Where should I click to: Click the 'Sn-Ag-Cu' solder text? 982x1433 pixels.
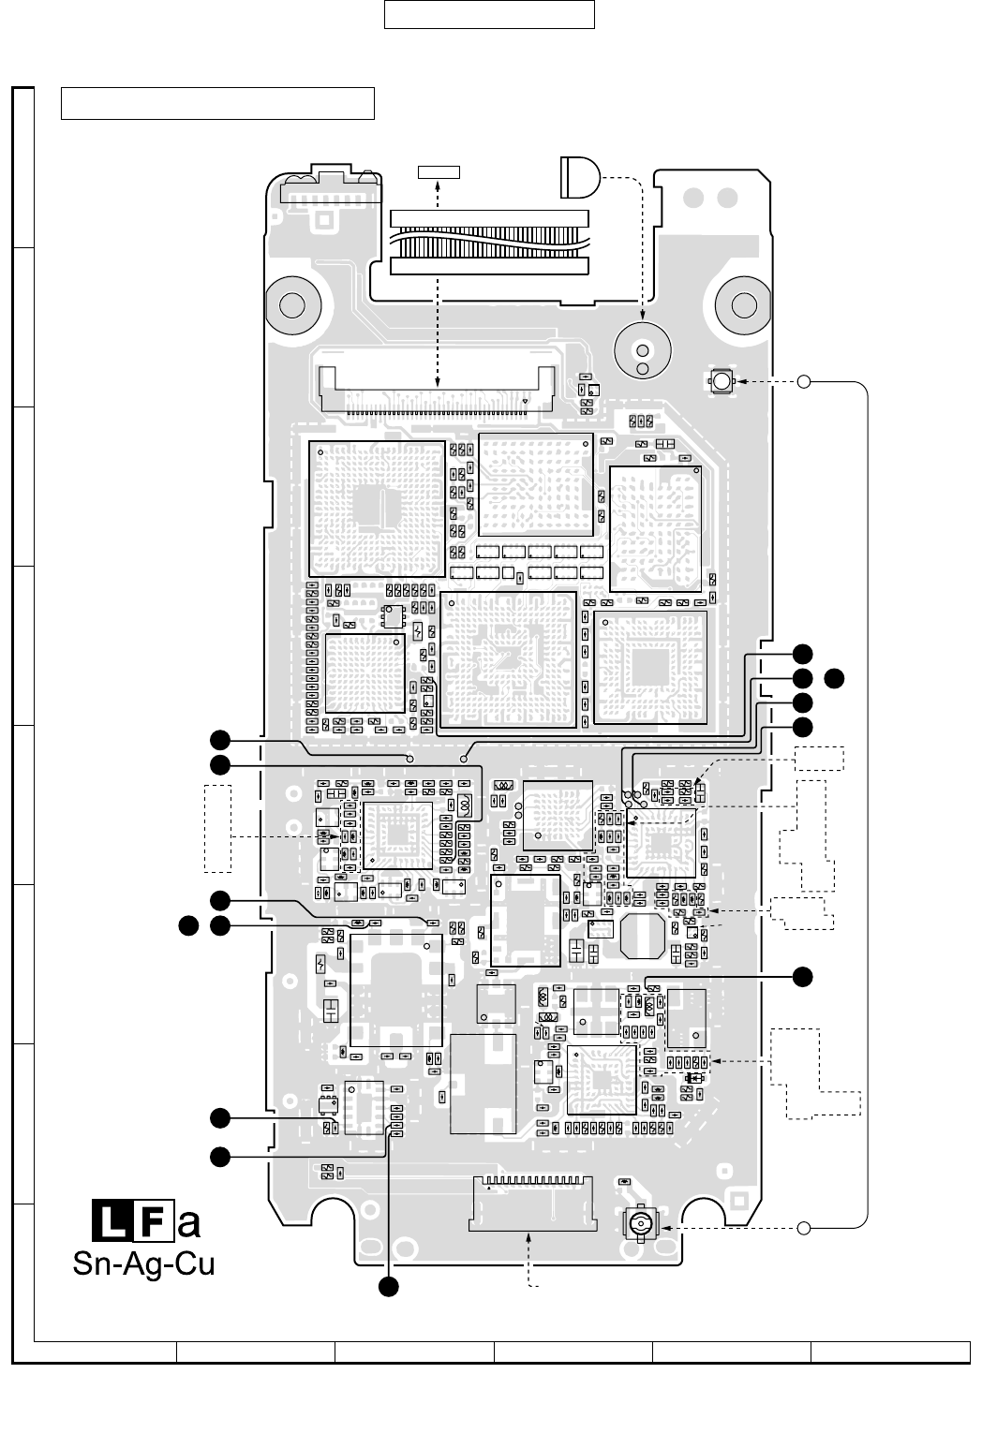click(x=144, y=1263)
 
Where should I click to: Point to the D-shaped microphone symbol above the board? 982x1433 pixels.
click(x=578, y=177)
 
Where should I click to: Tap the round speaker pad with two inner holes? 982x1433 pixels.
click(x=642, y=352)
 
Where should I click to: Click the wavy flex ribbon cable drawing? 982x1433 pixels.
click(x=488, y=244)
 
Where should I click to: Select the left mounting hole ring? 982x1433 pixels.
click(x=291, y=305)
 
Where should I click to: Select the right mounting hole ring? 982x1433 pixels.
click(x=743, y=305)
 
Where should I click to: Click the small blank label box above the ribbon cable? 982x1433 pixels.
click(x=439, y=171)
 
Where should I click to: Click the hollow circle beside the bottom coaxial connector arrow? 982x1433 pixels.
click(x=804, y=1227)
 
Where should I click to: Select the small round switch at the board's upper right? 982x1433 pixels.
click(x=722, y=381)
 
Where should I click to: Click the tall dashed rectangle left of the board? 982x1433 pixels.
click(x=218, y=829)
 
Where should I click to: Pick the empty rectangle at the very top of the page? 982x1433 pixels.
click(x=489, y=14)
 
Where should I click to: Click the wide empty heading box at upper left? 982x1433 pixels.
click(x=217, y=103)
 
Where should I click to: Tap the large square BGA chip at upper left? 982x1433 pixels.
click(x=377, y=509)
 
